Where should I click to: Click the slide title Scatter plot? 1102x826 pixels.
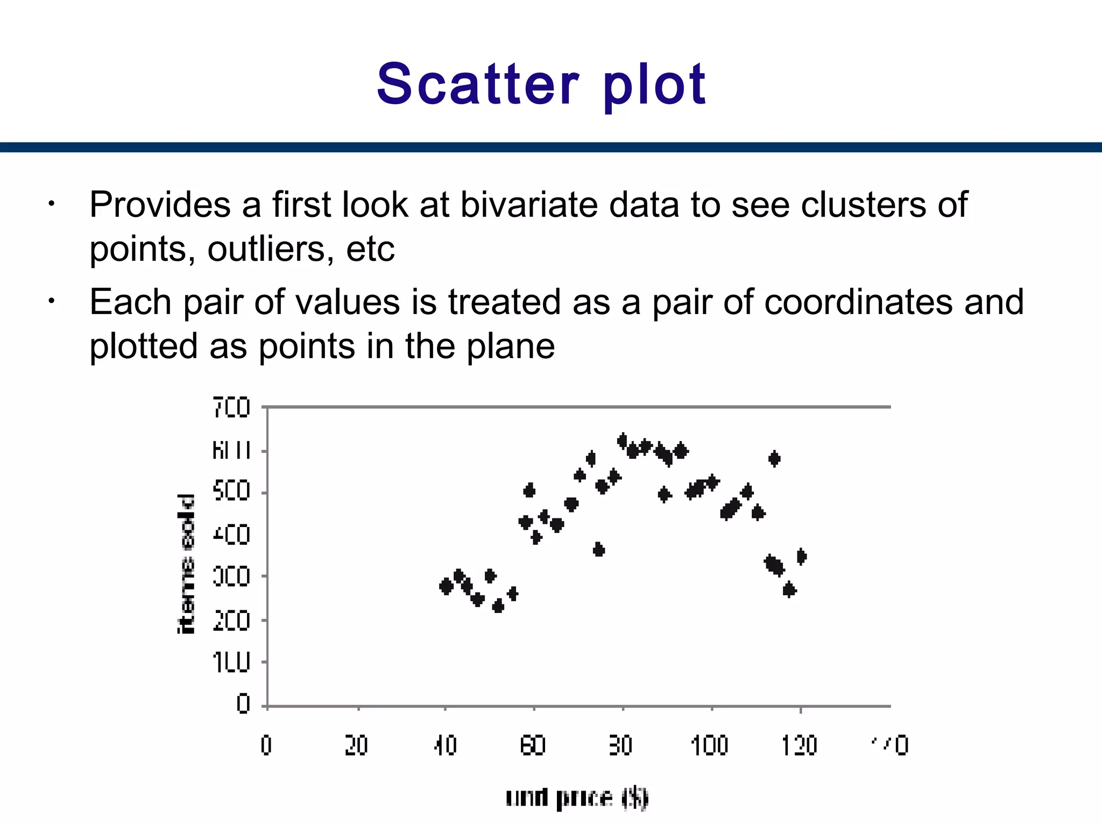(541, 84)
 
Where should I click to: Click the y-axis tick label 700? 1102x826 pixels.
(231, 408)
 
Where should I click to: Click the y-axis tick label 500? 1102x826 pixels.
(231, 492)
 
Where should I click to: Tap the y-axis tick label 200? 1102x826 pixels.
(231, 621)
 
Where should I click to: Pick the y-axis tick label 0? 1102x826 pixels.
(243, 704)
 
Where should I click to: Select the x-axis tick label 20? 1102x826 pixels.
(356, 746)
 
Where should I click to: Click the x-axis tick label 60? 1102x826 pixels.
(533, 746)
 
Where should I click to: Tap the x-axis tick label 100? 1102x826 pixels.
(709, 746)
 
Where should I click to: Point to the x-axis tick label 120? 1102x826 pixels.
(799, 746)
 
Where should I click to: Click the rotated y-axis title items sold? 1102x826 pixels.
(186, 564)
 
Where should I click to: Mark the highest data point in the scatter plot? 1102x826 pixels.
(623, 441)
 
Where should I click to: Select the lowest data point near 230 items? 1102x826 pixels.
(498, 607)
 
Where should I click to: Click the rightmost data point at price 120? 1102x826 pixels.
(801, 557)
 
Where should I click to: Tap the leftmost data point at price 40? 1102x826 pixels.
(446, 586)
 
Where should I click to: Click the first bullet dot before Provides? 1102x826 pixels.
(51, 204)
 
